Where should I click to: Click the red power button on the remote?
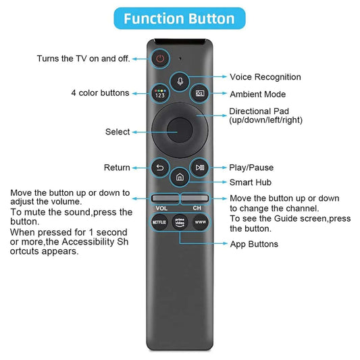[x=160, y=59]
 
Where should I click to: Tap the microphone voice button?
[x=180, y=80]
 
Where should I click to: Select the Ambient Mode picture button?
[x=201, y=94]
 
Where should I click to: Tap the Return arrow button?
[x=160, y=168]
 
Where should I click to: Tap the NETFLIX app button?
[x=159, y=222]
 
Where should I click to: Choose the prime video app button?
[x=180, y=222]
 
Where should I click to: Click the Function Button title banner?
[x=179, y=18]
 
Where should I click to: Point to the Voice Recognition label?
[x=265, y=77]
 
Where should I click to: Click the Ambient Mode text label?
[x=257, y=95]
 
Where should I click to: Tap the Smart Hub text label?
[x=251, y=182]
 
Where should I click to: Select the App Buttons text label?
[x=254, y=244]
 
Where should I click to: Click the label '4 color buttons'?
[x=99, y=93]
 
